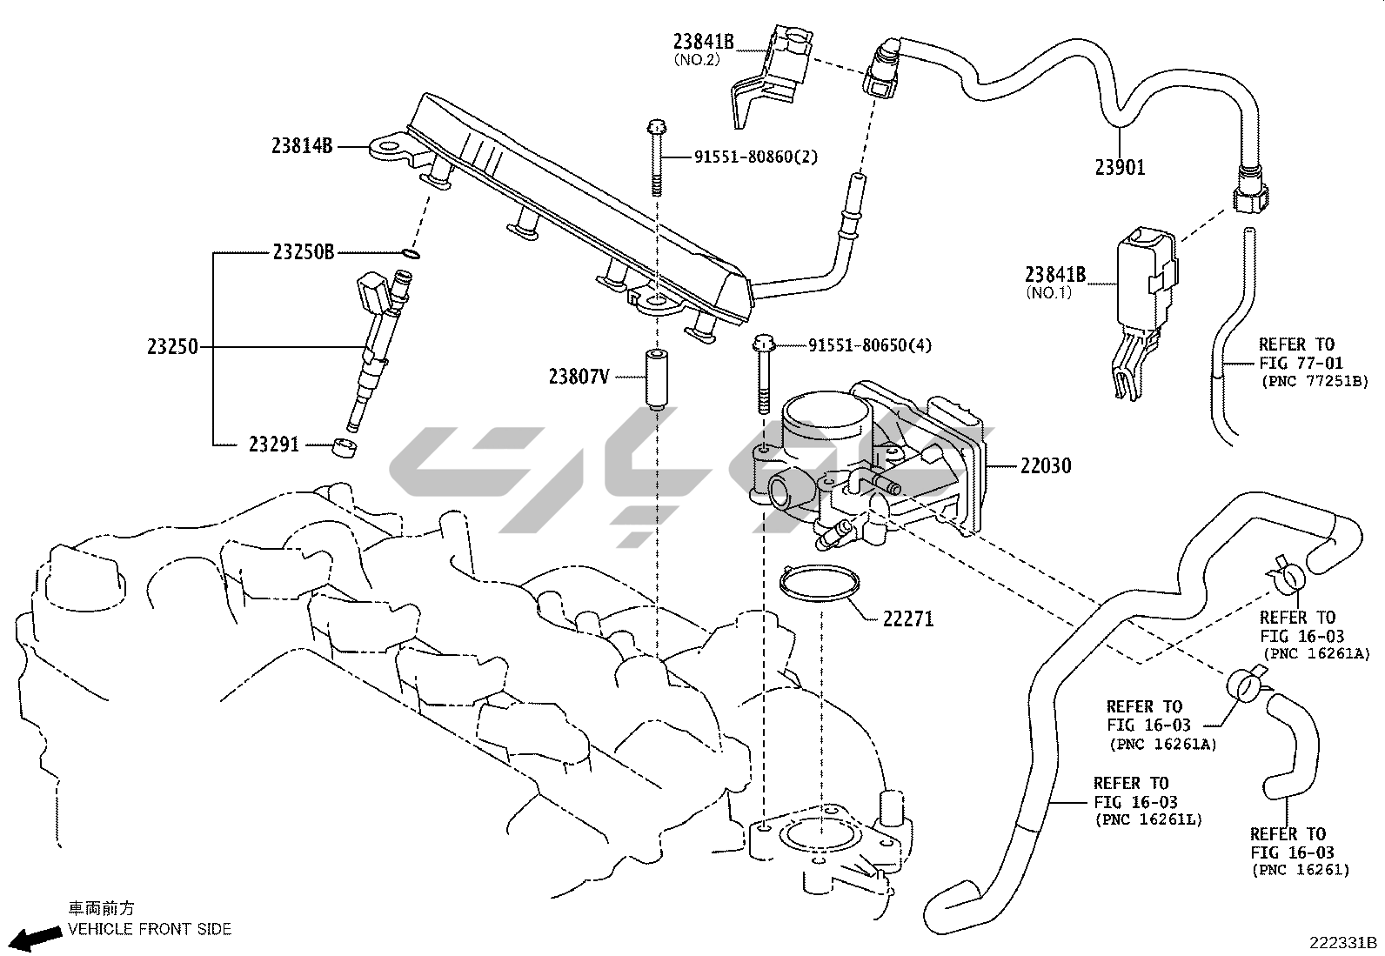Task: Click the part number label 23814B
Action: (302, 147)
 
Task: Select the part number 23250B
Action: (303, 253)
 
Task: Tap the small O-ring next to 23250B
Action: (412, 255)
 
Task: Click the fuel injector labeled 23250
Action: (377, 348)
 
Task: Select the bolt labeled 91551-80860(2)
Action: (656, 161)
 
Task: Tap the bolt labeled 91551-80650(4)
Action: (763, 374)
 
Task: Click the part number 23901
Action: (1120, 167)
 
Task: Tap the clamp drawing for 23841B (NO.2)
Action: (766, 74)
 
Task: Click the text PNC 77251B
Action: (1315, 381)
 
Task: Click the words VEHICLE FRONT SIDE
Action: (151, 929)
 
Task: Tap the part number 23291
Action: (273, 445)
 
